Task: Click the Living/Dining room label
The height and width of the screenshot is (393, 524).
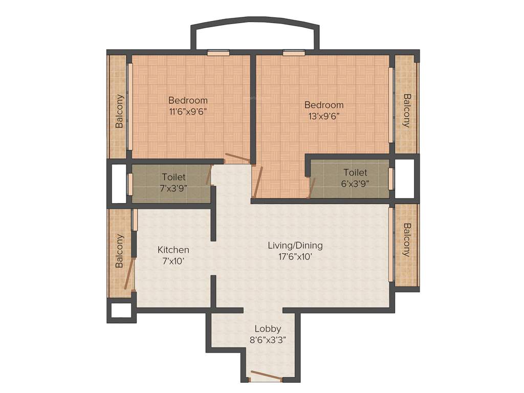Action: click(x=295, y=246)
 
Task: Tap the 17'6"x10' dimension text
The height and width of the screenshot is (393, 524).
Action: click(x=295, y=257)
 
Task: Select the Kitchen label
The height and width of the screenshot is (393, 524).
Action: click(x=173, y=250)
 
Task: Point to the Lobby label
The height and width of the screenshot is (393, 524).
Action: click(x=268, y=329)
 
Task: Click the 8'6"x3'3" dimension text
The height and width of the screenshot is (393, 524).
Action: click(x=268, y=340)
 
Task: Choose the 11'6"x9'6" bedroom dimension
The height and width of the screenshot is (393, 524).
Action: click(x=188, y=111)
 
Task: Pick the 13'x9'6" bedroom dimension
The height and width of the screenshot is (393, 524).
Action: click(x=323, y=116)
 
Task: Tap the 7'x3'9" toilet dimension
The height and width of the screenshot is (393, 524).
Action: click(x=173, y=188)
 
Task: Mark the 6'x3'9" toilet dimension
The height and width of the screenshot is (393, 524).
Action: click(x=356, y=183)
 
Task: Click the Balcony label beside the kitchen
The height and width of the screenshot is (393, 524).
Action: click(x=119, y=251)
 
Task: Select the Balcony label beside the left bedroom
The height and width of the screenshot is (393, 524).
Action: click(x=119, y=111)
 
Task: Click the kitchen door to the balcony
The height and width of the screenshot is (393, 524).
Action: click(x=131, y=274)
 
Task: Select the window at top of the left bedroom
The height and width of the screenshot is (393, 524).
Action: click(x=218, y=52)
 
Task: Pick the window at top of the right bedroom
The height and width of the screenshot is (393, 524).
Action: click(x=294, y=52)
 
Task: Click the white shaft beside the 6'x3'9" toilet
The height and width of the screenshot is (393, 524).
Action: click(x=404, y=179)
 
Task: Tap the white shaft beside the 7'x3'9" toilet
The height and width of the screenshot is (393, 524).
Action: click(x=119, y=183)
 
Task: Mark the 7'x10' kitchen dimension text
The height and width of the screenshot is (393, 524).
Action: click(x=173, y=261)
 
